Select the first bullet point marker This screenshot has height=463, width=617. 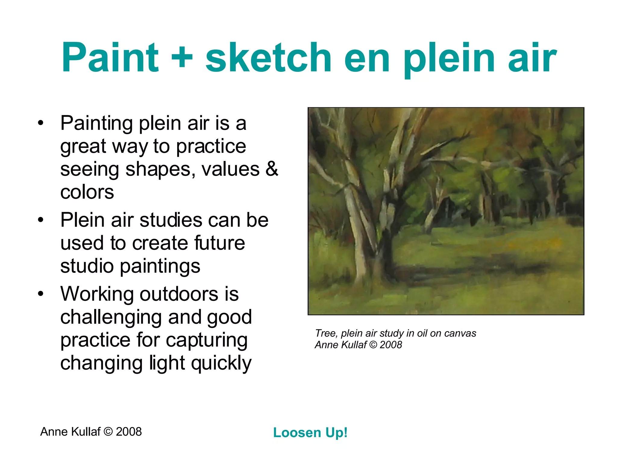[41, 123]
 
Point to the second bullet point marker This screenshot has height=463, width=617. [41, 220]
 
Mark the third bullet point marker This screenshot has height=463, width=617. [41, 294]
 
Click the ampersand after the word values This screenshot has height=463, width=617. [272, 169]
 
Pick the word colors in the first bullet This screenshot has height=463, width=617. [87, 192]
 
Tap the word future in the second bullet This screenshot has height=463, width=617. [219, 243]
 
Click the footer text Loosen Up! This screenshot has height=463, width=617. [310, 433]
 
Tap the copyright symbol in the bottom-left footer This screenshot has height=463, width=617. [108, 432]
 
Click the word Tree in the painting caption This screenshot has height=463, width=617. [325, 333]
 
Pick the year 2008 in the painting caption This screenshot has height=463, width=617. [391, 345]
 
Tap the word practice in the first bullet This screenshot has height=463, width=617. [211, 146]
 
